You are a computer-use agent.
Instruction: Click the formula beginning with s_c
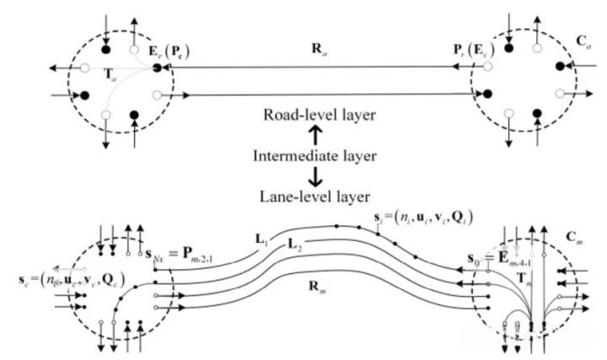point(60,277)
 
